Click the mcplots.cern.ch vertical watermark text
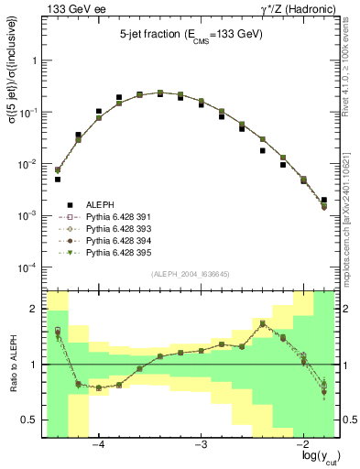(350, 156)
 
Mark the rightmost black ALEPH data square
(324, 200)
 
